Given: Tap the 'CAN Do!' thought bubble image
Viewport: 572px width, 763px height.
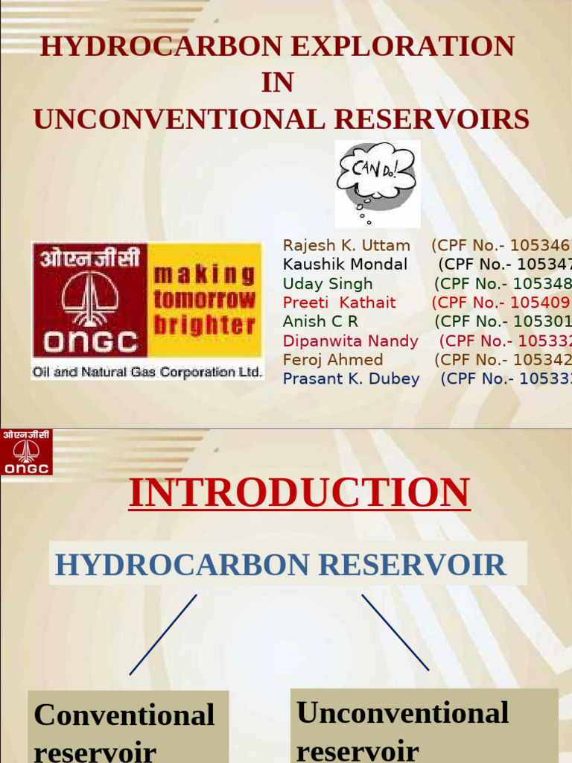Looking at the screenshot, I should tap(377, 183).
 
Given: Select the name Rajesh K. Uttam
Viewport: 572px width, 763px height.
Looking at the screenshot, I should tap(346, 245).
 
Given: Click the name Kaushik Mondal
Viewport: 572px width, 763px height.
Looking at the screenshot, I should tap(345, 265).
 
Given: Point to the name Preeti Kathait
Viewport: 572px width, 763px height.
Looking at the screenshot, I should tap(339, 303).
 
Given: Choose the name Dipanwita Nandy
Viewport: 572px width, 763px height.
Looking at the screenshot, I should tap(350, 341).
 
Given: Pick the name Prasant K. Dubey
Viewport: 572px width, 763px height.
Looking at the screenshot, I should tap(351, 379).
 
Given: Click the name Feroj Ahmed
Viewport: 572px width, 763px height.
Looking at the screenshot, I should tap(333, 360).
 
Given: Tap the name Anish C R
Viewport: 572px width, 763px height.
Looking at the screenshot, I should tap(320, 322).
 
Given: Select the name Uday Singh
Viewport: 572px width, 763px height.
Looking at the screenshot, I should tap(328, 284).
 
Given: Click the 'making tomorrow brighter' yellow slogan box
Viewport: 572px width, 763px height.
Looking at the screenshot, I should tap(205, 300).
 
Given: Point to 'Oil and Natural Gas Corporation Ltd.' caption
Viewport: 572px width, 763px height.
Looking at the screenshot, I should tap(147, 370).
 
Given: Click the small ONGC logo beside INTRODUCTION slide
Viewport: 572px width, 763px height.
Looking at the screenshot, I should tap(26, 452).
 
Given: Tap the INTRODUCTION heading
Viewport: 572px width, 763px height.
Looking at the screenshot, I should tap(299, 493).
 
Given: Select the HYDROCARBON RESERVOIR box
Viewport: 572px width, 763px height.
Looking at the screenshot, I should tap(287, 564).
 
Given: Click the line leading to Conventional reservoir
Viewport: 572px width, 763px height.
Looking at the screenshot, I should tap(163, 634).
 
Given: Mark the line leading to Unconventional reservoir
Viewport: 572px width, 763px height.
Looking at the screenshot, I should tap(395, 632).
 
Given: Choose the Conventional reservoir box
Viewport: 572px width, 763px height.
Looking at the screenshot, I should tap(127, 726).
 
